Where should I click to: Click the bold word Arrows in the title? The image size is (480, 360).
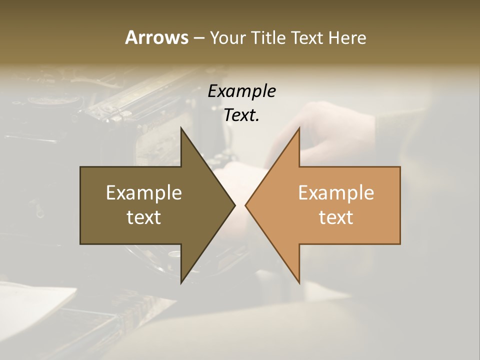[x=156, y=37]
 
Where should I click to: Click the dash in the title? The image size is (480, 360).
[x=198, y=38]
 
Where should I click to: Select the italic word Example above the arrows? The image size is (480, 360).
[x=241, y=91]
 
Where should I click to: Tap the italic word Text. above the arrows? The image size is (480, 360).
[x=241, y=115]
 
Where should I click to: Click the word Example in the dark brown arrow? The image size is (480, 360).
[x=144, y=192]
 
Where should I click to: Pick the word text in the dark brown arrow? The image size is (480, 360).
[x=144, y=217]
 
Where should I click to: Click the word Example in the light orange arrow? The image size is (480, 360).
[x=336, y=192]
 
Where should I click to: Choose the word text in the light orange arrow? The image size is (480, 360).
[x=336, y=217]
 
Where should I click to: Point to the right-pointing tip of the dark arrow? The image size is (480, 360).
[x=234, y=205]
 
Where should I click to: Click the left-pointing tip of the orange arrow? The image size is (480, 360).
[x=246, y=205]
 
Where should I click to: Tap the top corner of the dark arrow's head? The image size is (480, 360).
[x=181, y=128]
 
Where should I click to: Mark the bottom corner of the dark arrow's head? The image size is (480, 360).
[x=181, y=282]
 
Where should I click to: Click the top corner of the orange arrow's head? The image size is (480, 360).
[x=299, y=128]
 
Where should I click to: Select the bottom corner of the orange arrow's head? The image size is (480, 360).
[x=299, y=282]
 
